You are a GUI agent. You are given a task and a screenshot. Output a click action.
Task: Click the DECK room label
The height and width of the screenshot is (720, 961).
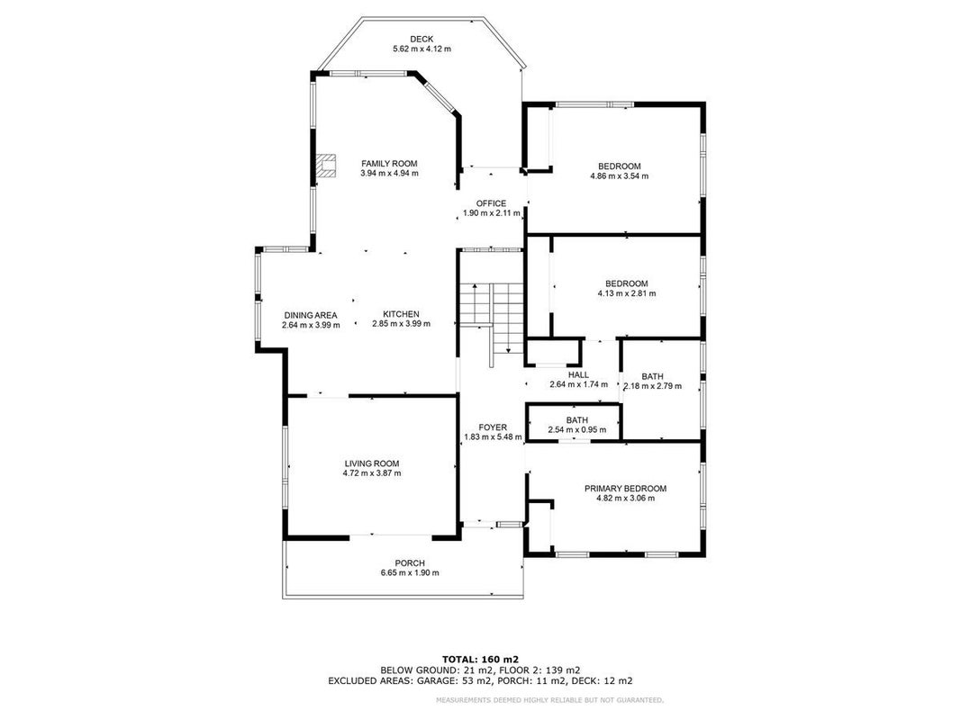pos(422,40)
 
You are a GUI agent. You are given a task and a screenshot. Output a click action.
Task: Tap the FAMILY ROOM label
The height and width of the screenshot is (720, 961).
pos(389,164)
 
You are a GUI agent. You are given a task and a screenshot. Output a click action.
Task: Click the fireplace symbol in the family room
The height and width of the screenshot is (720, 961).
pos(326,166)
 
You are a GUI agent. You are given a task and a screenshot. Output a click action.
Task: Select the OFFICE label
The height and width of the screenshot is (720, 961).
pos(492,203)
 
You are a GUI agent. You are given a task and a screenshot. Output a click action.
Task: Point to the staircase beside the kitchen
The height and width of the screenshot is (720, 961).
pos(492,319)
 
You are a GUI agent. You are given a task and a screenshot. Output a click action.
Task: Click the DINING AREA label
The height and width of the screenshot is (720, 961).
pos(311,315)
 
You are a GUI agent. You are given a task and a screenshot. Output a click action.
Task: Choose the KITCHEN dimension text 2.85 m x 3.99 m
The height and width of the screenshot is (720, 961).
pos(402,324)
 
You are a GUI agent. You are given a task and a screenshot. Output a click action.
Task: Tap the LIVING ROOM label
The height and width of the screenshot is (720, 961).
pos(372,463)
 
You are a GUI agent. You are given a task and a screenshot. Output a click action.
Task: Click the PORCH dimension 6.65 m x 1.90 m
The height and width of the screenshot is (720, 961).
pos(410,573)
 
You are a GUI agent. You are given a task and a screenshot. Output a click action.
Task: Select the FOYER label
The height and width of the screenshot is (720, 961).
pos(493,427)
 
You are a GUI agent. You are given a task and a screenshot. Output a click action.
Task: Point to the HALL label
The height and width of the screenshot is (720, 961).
pos(578,374)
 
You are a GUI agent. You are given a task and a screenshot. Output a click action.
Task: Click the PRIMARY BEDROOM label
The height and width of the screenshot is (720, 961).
pos(626,489)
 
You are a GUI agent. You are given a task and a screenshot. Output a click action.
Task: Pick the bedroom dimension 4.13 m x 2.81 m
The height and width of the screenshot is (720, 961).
pos(627,293)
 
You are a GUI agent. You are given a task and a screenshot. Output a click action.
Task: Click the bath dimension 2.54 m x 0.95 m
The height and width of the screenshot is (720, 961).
pos(577,430)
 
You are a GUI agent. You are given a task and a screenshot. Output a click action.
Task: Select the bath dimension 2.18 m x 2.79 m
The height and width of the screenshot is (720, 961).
pos(653,386)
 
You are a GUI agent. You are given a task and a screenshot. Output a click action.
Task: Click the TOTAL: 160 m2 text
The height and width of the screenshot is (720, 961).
pos(481,660)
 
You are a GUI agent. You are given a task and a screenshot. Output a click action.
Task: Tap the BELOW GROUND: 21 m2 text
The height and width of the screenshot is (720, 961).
pos(431,670)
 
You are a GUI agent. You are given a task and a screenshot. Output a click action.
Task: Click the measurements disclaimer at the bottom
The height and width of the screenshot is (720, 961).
pos(549,700)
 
